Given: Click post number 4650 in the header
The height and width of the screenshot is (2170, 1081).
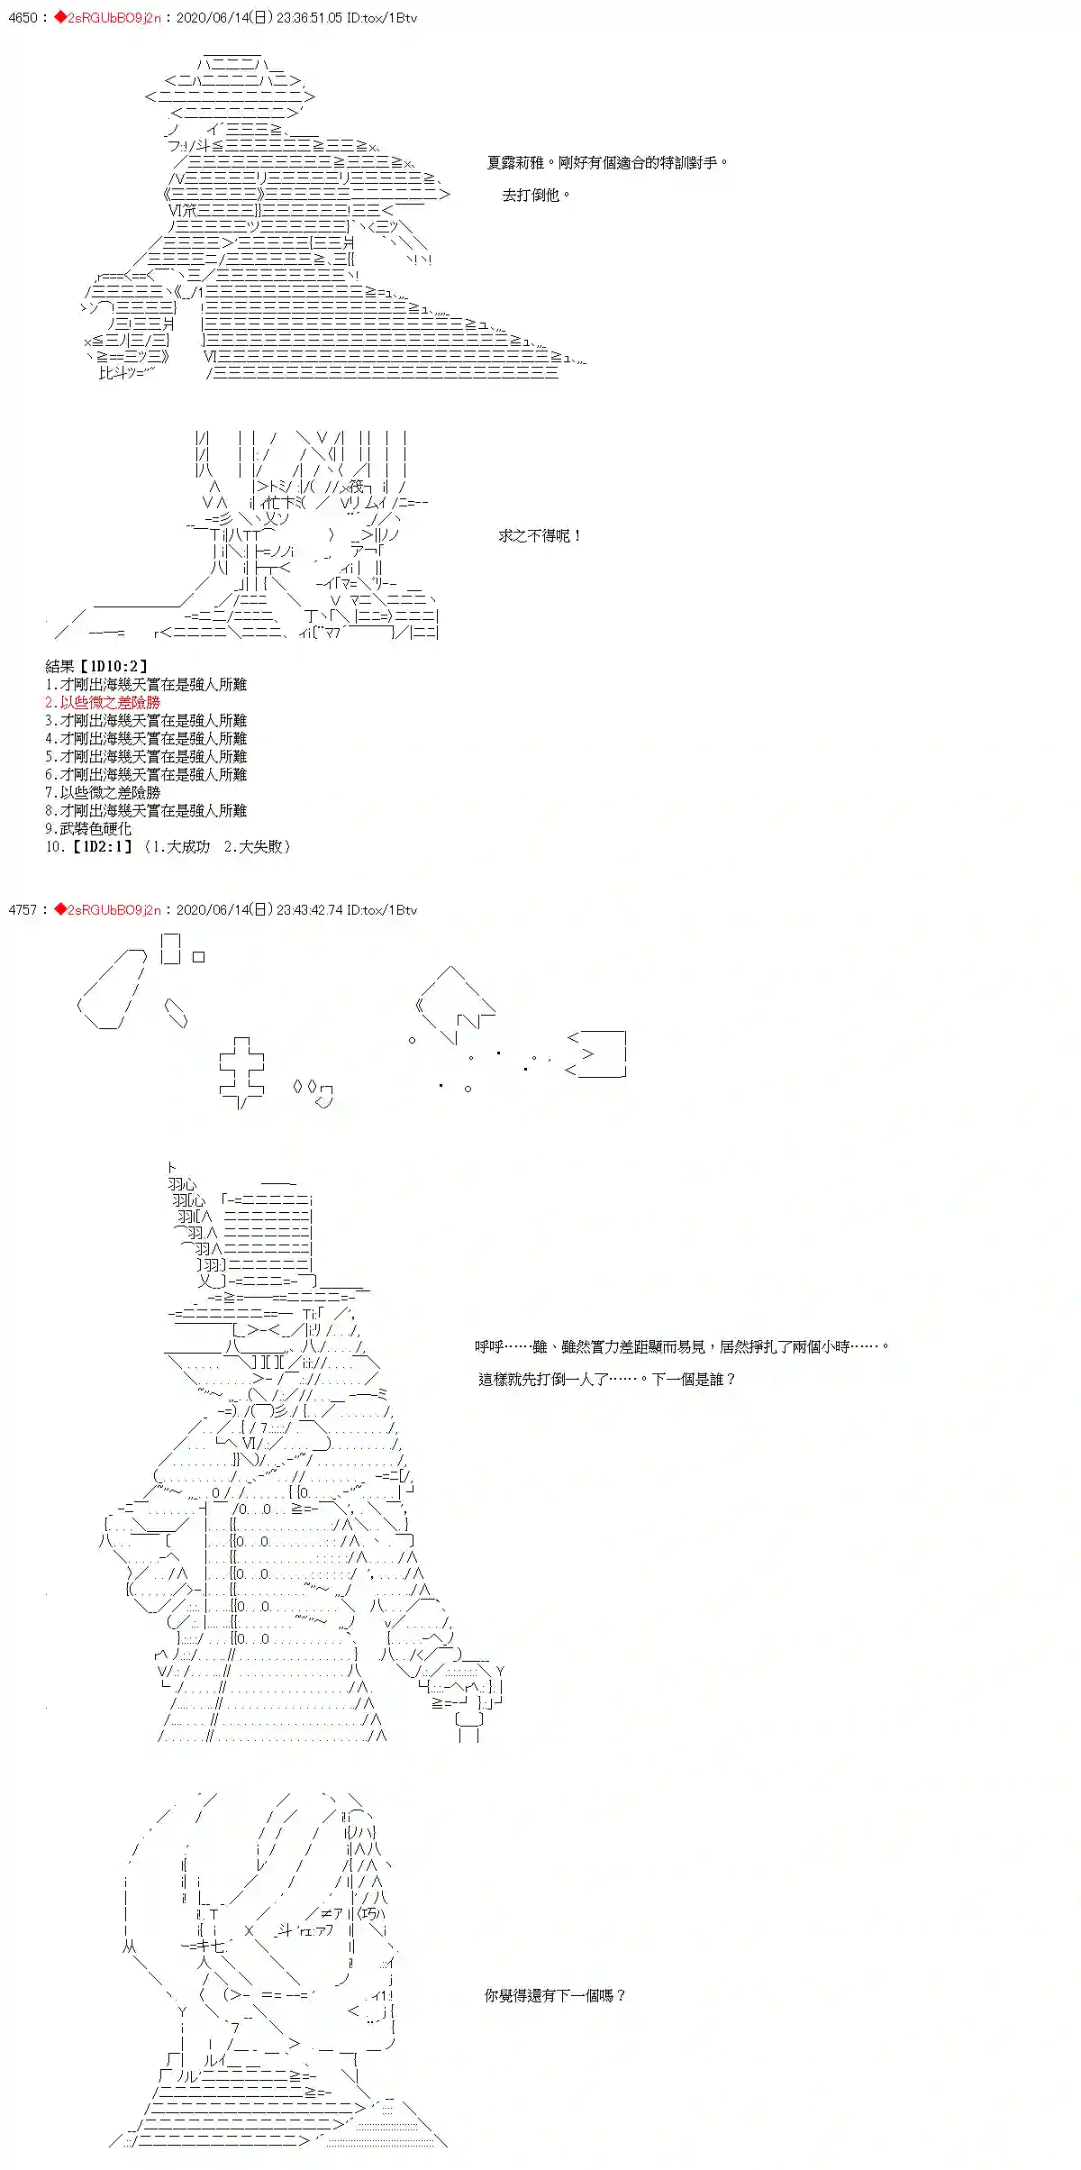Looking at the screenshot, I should point(22,18).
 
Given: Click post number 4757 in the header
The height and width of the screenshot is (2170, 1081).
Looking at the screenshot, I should point(22,910).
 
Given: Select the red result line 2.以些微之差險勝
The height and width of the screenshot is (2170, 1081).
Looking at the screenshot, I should point(103,703).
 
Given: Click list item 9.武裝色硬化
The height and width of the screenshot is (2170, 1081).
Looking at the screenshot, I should point(88,829).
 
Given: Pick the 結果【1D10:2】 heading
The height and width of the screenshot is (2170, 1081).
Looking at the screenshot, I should point(96,667).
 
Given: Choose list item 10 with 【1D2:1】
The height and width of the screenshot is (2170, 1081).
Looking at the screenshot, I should point(168,847).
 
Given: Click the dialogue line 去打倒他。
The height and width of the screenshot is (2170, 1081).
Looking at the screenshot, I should point(536,195).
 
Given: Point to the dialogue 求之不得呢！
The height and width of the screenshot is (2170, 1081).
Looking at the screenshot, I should point(540,536).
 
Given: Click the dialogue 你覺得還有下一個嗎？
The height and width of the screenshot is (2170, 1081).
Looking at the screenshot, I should point(555,1996).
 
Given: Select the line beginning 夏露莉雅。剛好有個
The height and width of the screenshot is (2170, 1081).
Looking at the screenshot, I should point(607,163).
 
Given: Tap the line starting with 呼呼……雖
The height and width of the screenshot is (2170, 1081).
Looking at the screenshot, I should point(682,1346).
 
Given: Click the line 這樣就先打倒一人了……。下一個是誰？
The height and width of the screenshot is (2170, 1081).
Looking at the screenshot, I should point(607,1379).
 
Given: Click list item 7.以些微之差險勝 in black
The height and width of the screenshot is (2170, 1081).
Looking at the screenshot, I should point(103,793).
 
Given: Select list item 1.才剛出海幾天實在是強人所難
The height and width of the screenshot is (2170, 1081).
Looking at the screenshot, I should point(146,685).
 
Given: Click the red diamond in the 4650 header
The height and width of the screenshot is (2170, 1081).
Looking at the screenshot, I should point(60,18).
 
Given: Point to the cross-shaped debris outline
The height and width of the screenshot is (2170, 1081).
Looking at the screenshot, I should point(241,1071).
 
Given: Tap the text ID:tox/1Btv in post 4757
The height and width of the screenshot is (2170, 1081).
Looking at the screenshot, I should point(382,910).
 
